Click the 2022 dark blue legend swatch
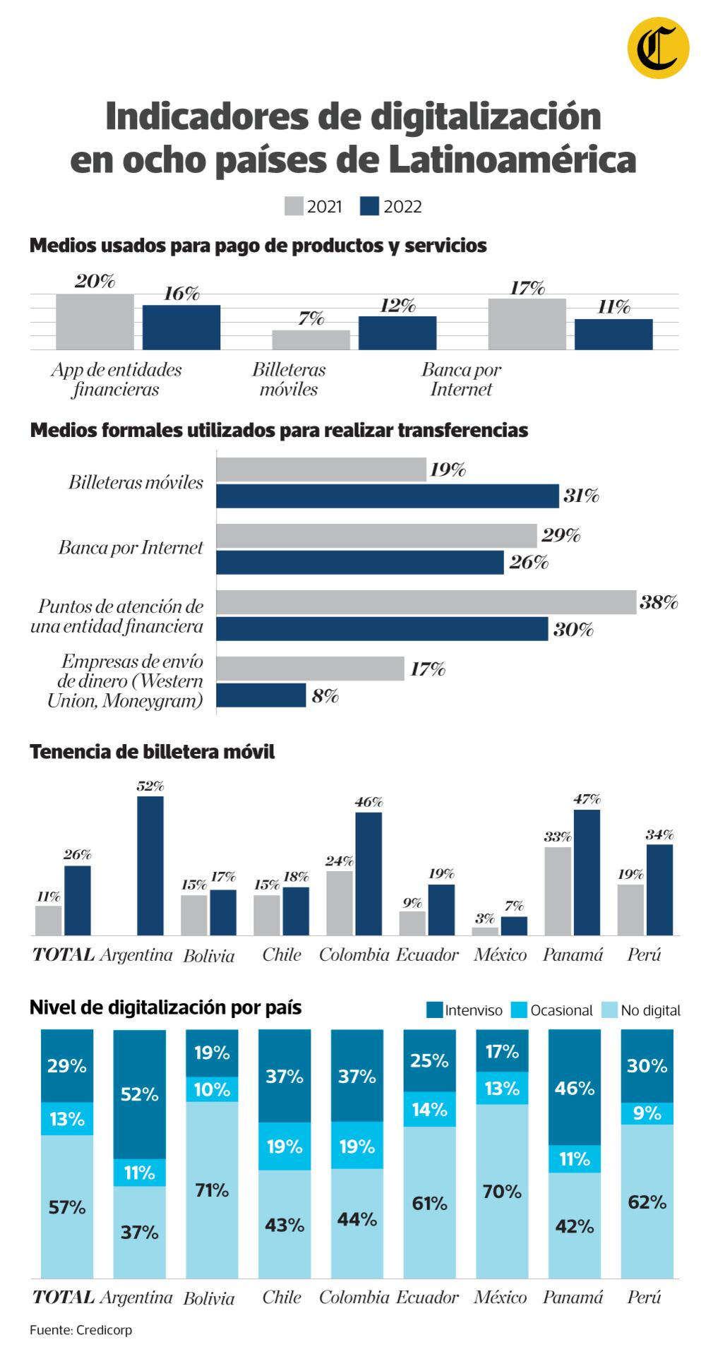click(x=369, y=206)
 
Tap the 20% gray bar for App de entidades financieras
click(x=95, y=321)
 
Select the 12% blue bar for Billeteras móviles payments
click(x=397, y=333)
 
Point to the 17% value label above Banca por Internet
click(x=527, y=288)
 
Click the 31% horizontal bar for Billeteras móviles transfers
click(x=387, y=496)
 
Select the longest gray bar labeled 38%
click(x=426, y=602)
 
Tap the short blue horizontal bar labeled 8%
click(x=261, y=695)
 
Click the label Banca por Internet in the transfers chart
click(x=131, y=548)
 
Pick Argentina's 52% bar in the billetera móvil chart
click(x=150, y=866)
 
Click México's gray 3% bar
click(x=484, y=931)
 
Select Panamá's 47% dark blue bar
click(x=587, y=872)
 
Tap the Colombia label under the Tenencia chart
click(x=354, y=955)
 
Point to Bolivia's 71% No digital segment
click(x=212, y=1190)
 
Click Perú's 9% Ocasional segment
click(x=647, y=1113)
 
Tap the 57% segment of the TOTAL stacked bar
click(x=67, y=1207)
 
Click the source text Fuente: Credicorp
click(x=81, y=1330)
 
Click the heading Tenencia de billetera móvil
click(x=152, y=752)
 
